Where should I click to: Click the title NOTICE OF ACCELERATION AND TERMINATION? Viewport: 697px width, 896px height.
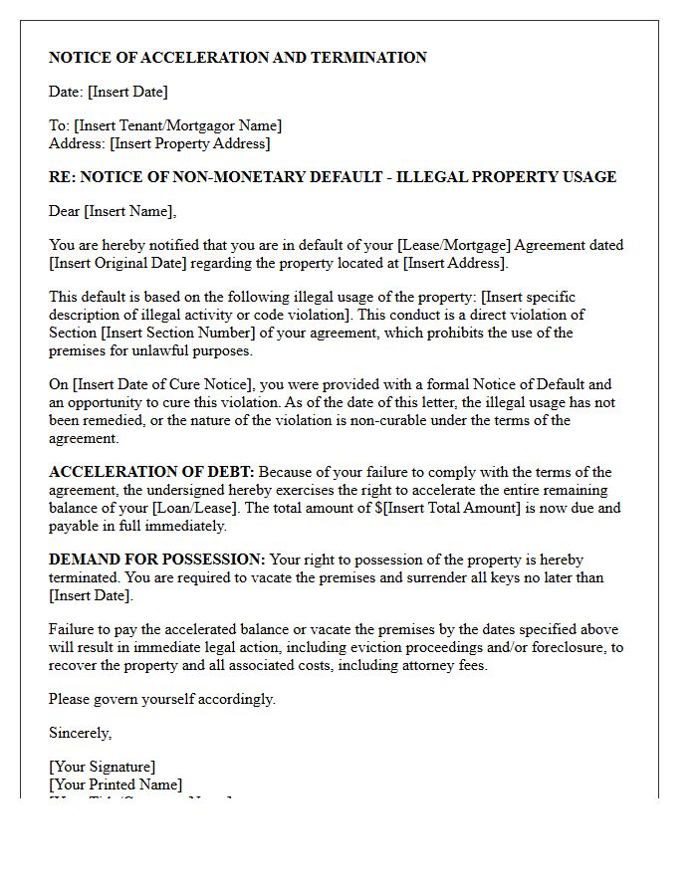237,58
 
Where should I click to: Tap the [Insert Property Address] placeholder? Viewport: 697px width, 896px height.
189,143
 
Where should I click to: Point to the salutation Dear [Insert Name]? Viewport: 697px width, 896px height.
113,211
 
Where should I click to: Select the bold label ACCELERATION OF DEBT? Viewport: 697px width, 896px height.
151,472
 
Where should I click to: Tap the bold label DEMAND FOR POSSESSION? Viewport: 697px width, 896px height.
156,560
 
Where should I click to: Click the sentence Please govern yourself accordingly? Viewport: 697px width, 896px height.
162,699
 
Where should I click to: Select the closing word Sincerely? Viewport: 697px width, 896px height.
80,733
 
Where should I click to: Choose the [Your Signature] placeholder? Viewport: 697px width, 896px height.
102,767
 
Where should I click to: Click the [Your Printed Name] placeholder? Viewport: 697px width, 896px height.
116,784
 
